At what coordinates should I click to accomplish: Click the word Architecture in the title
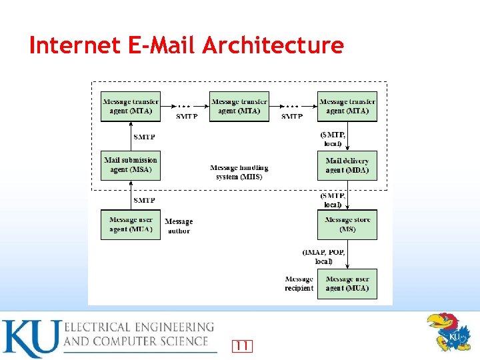273,45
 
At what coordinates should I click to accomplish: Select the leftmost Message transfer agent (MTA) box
131,106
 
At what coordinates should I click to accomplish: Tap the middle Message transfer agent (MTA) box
239,106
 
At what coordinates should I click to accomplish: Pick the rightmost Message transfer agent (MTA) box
347,106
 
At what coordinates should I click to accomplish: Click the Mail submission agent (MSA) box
131,165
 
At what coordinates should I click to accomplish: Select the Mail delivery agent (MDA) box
347,165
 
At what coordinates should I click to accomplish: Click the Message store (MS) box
347,225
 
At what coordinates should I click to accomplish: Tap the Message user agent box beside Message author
131,225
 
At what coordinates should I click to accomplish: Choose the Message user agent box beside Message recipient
347,283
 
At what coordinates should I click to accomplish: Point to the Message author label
179,226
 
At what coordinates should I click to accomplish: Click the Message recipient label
299,283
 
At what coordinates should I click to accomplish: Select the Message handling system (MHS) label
239,172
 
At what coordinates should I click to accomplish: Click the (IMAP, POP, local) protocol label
323,257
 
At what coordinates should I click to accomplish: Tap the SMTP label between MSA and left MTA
145,137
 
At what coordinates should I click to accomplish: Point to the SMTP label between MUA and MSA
145,199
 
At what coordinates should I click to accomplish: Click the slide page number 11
243,345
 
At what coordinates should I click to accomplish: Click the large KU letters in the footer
29,338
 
